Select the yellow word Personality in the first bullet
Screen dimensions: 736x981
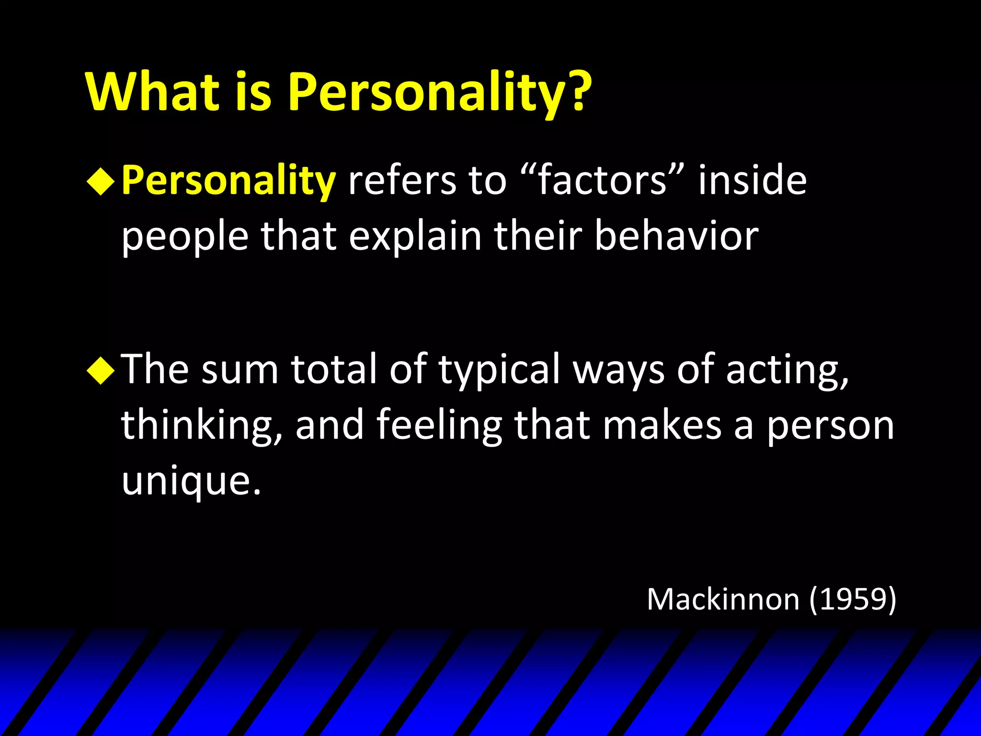click(x=228, y=181)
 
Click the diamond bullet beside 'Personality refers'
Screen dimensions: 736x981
click(x=101, y=181)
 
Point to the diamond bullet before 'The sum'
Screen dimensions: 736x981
click(x=101, y=370)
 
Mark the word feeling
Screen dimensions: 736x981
click(x=439, y=425)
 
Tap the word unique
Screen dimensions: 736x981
click(x=191, y=481)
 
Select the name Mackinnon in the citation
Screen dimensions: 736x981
click(x=723, y=599)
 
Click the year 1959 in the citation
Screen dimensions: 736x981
click(x=853, y=599)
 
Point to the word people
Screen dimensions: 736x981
click(x=185, y=237)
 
